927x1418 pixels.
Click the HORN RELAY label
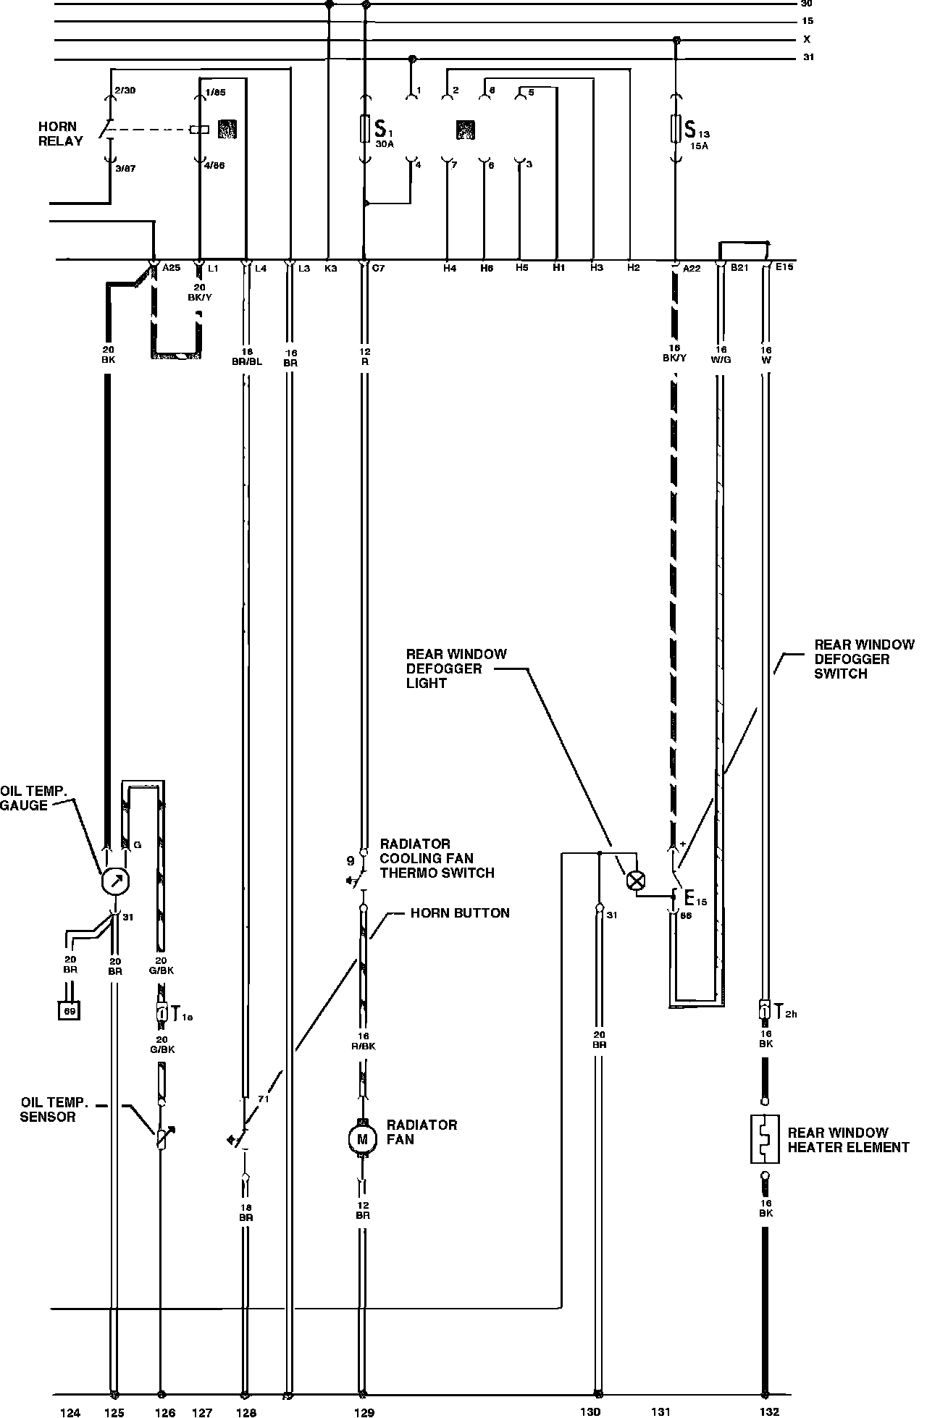(60, 133)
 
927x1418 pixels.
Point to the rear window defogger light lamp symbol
(636, 881)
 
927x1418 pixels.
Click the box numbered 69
(70, 1010)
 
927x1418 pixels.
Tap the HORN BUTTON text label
(460, 913)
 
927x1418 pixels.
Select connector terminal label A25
(171, 268)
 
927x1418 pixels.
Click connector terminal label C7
(378, 268)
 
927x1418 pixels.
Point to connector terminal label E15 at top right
(784, 267)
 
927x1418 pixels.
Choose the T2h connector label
(785, 1013)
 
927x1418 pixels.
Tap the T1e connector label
(181, 1015)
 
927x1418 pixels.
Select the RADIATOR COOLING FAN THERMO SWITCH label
(437, 858)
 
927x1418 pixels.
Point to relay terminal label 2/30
(125, 90)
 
